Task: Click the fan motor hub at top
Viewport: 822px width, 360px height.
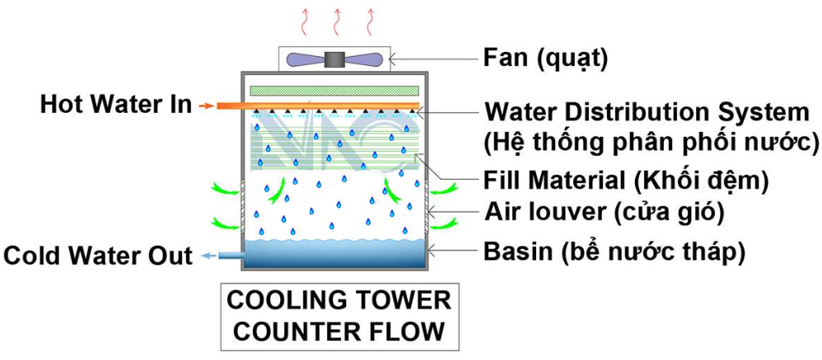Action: [x=335, y=59]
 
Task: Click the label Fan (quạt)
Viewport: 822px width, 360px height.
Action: [x=544, y=58]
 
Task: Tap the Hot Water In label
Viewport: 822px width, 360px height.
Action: [x=115, y=105]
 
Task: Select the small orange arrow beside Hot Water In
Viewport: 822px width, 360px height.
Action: [x=206, y=105]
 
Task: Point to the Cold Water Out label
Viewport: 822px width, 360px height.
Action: [x=98, y=256]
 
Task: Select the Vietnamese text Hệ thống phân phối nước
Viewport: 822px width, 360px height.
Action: [x=652, y=141]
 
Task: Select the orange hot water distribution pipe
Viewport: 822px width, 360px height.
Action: [x=329, y=105]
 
